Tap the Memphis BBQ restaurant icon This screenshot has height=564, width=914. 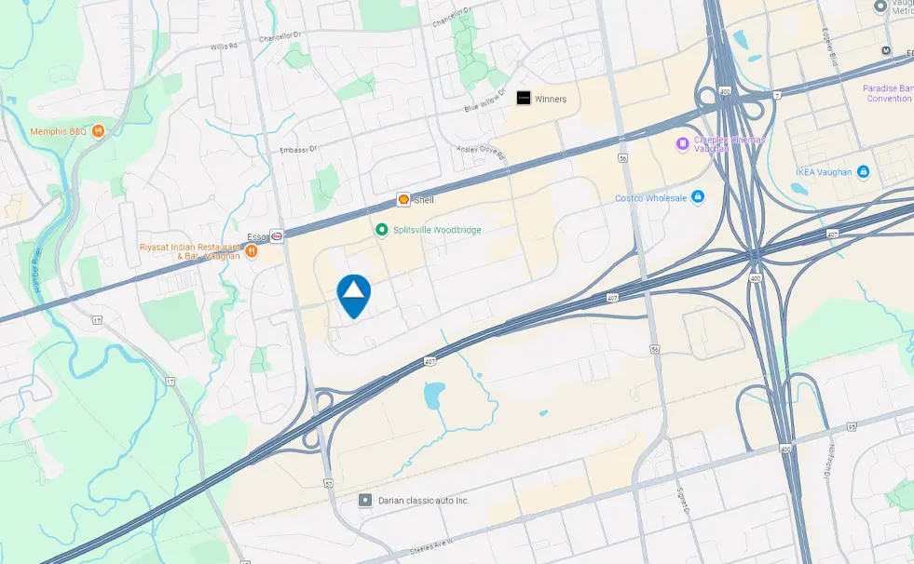click(x=98, y=131)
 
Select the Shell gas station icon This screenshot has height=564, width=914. click(x=403, y=199)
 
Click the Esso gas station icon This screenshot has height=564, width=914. click(x=277, y=236)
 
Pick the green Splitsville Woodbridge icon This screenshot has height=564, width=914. click(x=381, y=229)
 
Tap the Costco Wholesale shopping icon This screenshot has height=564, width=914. click(x=698, y=197)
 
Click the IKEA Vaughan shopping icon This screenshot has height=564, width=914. click(x=863, y=171)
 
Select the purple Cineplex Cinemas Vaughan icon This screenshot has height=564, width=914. click(x=682, y=143)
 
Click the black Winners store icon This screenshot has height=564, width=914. click(x=524, y=99)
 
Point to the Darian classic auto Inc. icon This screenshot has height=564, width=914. click(x=366, y=500)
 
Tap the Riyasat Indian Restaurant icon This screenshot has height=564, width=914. click(x=252, y=252)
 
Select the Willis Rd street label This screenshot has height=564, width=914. click(x=225, y=46)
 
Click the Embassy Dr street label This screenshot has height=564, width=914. click(x=298, y=149)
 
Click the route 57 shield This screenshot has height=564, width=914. click(x=328, y=484)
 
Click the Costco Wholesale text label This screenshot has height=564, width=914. click(x=650, y=198)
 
